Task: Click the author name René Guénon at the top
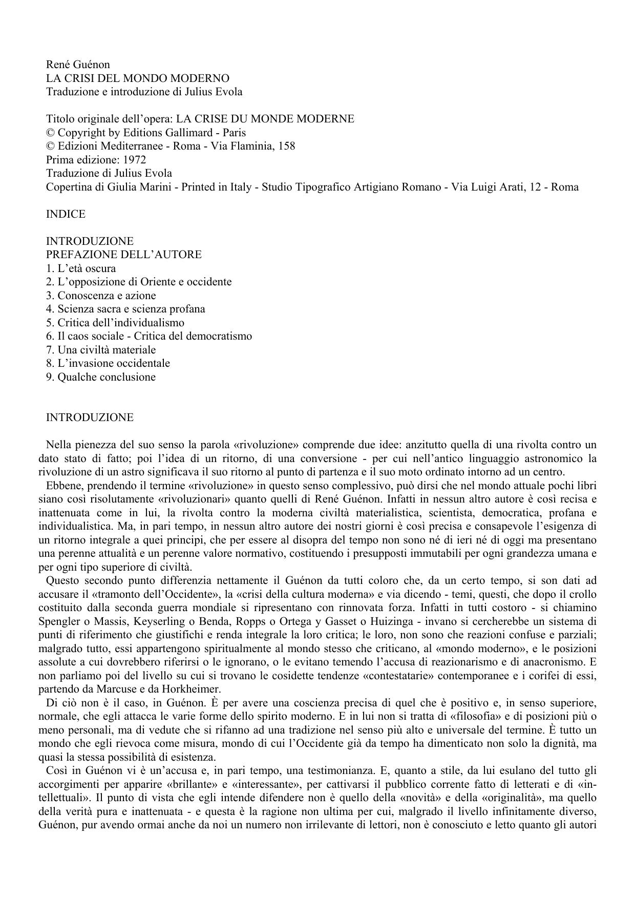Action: click(78, 65)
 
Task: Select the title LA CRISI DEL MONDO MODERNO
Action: click(138, 78)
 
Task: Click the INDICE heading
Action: click(66, 214)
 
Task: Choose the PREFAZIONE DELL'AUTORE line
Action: click(123, 255)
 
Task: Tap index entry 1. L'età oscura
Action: click(81, 268)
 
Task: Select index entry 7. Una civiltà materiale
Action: click(101, 350)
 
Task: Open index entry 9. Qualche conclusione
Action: click(101, 377)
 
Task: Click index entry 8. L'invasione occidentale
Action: click(108, 363)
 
